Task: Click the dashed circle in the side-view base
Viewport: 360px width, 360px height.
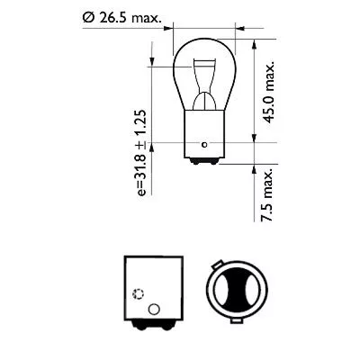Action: click(138, 294)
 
